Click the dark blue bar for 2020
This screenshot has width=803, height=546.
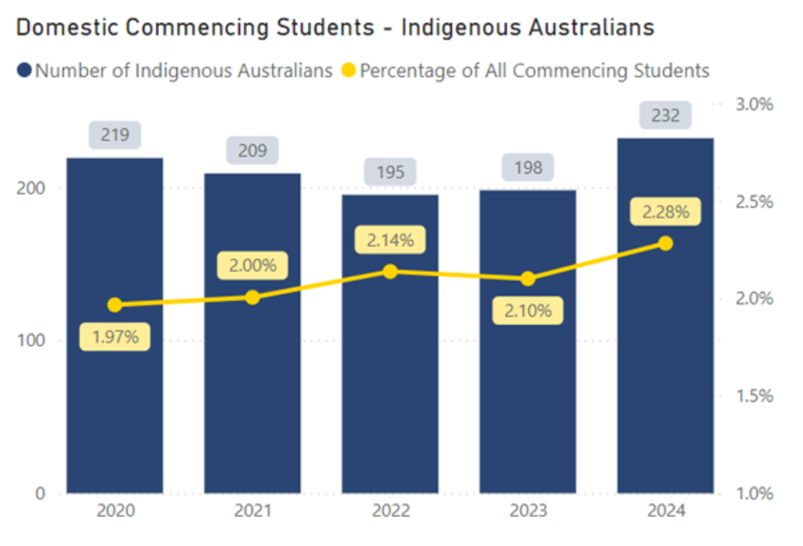[114, 397]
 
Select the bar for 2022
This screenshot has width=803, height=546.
[390, 397]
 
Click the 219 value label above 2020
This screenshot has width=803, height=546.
[115, 135]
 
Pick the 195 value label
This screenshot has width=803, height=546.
[390, 172]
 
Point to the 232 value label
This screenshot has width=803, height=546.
[666, 115]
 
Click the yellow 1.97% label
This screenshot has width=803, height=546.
[115, 337]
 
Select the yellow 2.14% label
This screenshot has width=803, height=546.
[390, 241]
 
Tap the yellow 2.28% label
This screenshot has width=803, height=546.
[666, 212]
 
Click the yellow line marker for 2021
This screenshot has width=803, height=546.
[252, 297]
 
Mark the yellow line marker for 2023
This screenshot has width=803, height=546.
[528, 279]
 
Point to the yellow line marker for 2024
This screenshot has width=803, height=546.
[666, 243]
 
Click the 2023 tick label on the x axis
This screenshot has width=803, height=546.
[528, 512]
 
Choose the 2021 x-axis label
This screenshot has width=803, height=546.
[252, 512]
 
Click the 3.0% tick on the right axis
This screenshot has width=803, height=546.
[753, 104]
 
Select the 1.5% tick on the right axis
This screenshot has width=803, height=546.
[753, 396]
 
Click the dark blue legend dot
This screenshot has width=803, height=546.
[24, 71]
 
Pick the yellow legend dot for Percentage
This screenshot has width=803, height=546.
[349, 71]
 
